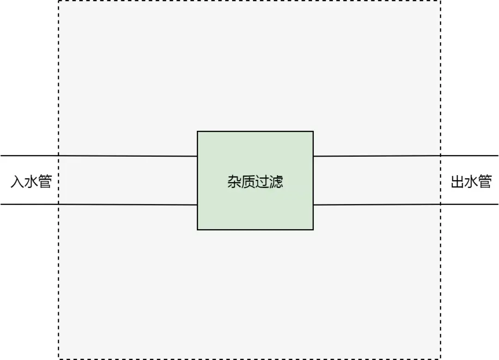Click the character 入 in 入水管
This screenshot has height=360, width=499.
pos(17,182)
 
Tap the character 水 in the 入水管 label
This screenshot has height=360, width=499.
pos(31,182)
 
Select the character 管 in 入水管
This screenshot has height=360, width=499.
pos(45,182)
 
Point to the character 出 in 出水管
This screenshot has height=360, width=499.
pos(457,182)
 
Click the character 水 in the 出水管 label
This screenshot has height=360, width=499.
pos(471,182)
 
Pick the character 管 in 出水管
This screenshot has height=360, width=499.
pos(485,182)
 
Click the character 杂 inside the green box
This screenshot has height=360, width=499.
pos(234,182)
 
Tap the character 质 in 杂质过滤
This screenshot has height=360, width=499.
pos(248,182)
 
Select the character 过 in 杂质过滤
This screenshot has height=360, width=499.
pos(262,182)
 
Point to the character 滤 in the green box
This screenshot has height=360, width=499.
pos(276,182)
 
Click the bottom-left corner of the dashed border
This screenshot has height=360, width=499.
pos(59,358)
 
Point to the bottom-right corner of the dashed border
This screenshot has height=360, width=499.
pos(440,358)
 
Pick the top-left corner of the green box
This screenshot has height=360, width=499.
pos(198,132)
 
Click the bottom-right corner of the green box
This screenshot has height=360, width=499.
pos(313,229)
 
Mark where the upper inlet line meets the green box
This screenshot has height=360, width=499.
pos(198,156)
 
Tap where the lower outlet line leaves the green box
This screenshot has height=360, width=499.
pos(313,205)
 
